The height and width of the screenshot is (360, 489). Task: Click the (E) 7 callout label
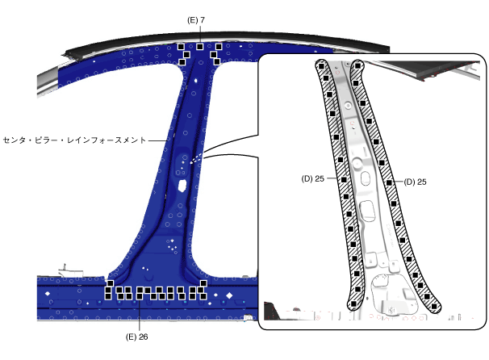pos(196,20)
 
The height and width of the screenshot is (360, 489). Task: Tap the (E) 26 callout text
pos(136,337)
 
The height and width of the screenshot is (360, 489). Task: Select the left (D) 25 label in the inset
pos(313,178)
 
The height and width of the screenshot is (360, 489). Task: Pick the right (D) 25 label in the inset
pos(415,182)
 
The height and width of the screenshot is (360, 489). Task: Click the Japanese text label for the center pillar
pos(74,140)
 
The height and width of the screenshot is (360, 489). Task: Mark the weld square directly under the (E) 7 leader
pos(200,47)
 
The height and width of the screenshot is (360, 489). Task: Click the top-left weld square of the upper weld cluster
pos(181,47)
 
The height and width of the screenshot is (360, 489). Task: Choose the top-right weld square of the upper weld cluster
pos(219,47)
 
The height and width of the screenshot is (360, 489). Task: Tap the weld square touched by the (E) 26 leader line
pos(140,296)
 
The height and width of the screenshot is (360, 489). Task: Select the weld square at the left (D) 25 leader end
pos(344,180)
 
